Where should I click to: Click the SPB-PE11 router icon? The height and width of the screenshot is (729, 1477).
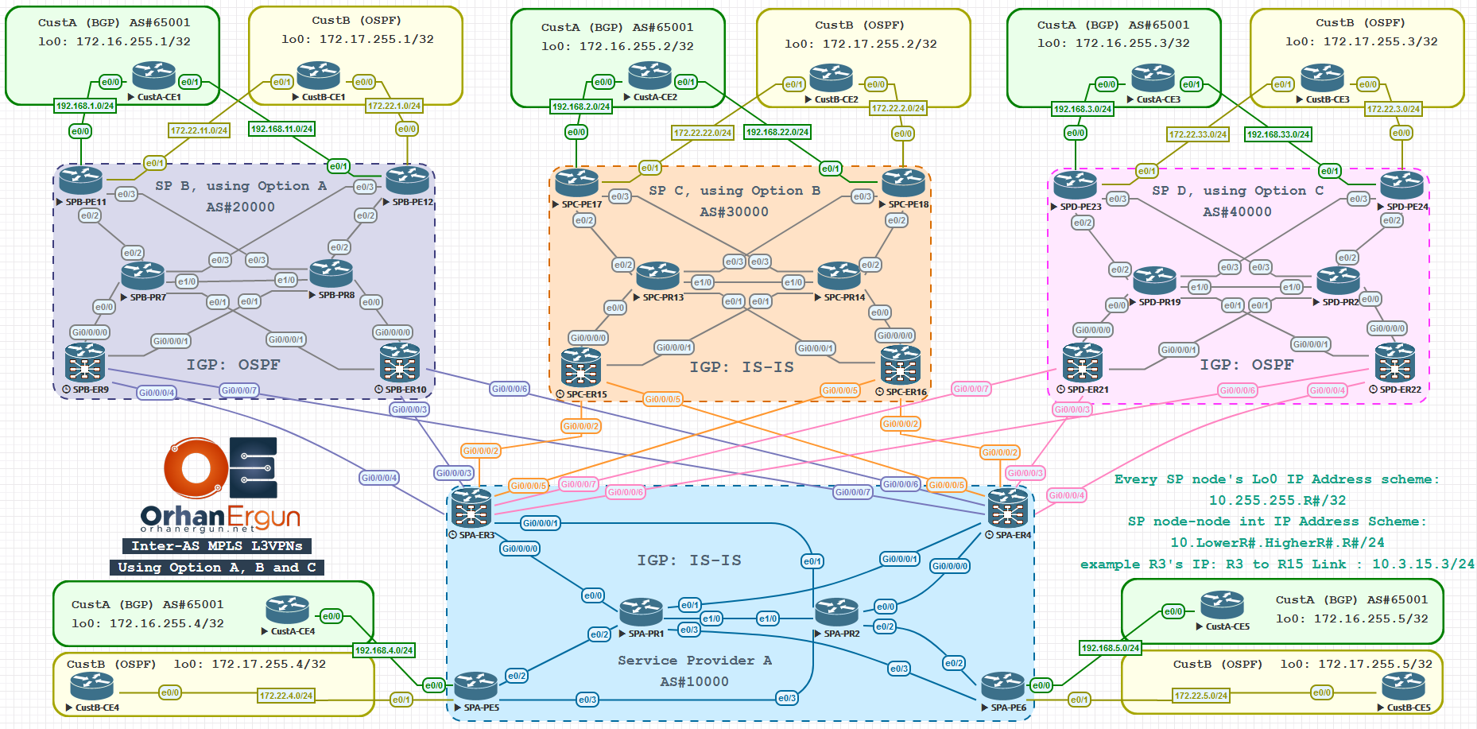(81, 180)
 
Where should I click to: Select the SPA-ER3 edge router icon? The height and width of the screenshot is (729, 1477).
(471, 507)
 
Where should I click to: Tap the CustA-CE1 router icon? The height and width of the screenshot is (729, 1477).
(153, 76)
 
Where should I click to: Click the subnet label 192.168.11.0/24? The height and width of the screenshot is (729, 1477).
(281, 129)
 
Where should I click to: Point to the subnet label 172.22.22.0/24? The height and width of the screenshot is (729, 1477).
(703, 133)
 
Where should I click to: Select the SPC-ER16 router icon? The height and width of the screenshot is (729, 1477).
(900, 366)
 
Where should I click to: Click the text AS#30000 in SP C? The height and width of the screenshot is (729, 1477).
(734, 212)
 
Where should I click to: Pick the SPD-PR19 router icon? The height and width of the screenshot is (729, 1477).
(1154, 281)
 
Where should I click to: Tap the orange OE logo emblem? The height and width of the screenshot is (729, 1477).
(196, 467)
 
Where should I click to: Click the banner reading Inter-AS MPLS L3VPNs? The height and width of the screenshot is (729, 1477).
(216, 545)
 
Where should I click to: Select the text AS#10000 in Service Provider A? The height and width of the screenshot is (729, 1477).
(694, 682)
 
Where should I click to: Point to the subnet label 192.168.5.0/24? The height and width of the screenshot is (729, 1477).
(1111, 648)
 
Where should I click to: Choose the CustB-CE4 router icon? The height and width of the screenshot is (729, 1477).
(91, 686)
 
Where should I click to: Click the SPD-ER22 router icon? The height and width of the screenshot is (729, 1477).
(1395, 363)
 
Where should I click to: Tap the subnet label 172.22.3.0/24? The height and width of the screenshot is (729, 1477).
(1394, 109)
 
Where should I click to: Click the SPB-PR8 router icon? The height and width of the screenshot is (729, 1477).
(331, 273)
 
